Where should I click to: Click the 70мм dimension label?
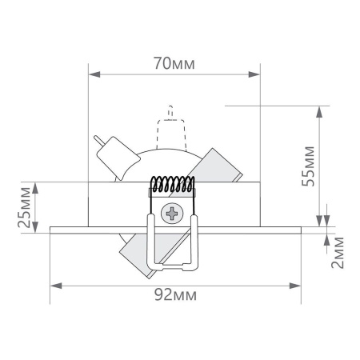174,63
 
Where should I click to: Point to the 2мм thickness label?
339,251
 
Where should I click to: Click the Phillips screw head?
172,214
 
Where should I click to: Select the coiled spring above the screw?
173,185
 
